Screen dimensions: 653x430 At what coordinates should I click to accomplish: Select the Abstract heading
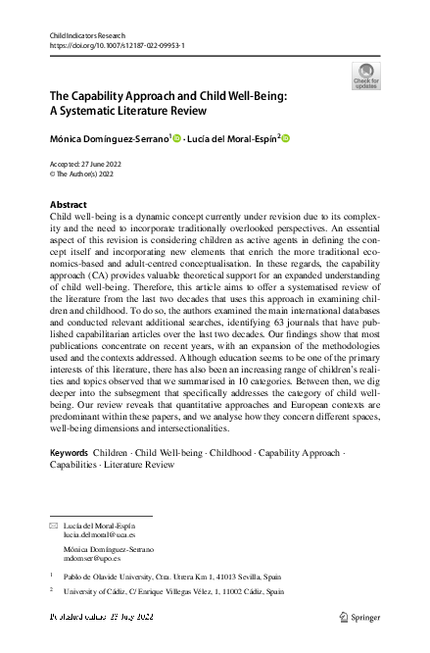pos(68,205)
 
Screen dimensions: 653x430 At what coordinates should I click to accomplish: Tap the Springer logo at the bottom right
pos(359,618)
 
